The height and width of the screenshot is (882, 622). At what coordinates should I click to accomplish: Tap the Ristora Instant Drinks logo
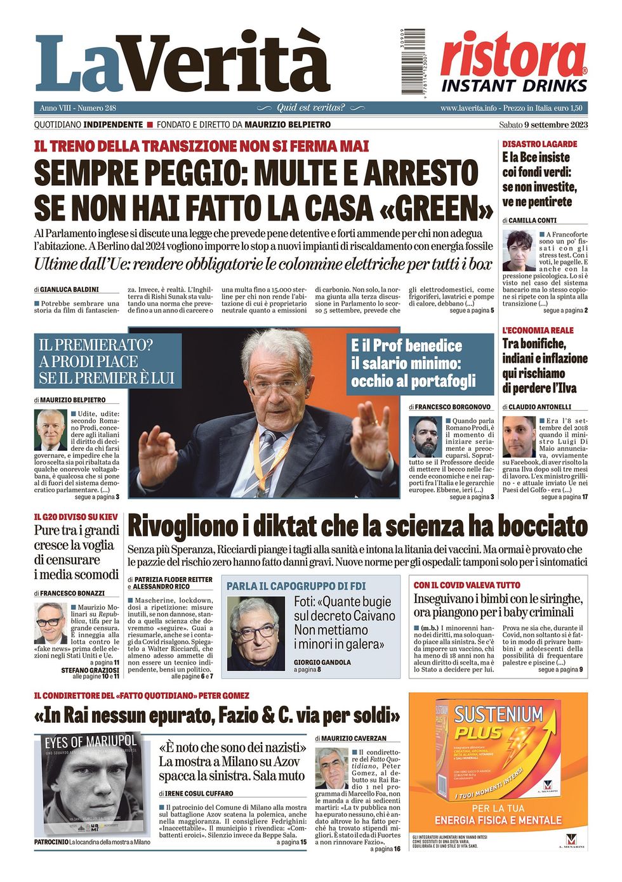513,63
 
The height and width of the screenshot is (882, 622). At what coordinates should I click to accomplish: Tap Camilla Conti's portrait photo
519,250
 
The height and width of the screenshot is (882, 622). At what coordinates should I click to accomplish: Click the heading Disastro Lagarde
539,144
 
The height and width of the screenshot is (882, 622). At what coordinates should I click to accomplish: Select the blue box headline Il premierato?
107,361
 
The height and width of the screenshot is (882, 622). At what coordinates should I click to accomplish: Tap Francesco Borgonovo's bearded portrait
425,436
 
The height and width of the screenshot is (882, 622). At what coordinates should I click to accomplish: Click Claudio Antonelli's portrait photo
519,436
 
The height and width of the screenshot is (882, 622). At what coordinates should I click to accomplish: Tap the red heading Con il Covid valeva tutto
466,585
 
